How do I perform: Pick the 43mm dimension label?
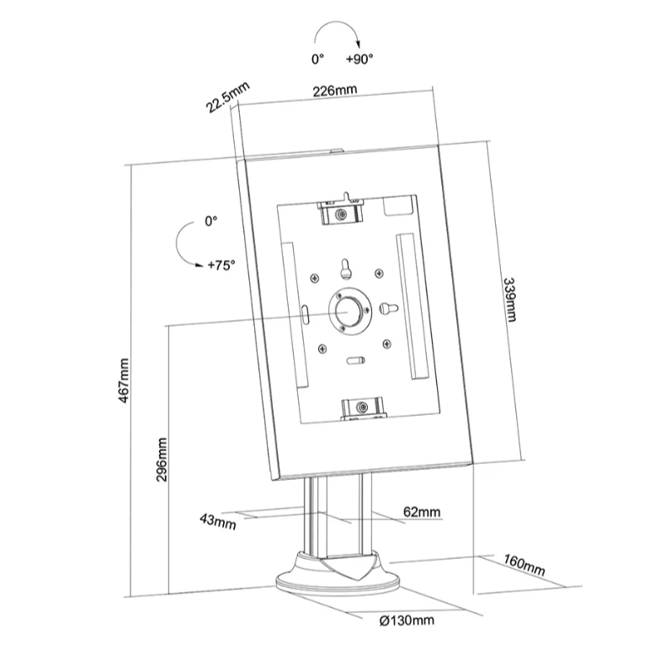pos(218,521)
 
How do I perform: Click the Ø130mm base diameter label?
pos(407,620)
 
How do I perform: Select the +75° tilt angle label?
pos(221,264)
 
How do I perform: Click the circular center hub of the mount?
pos(346,309)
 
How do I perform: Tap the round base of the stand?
pos(337,576)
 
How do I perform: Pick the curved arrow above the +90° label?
pos(336,36)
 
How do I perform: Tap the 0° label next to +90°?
pos(317,60)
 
